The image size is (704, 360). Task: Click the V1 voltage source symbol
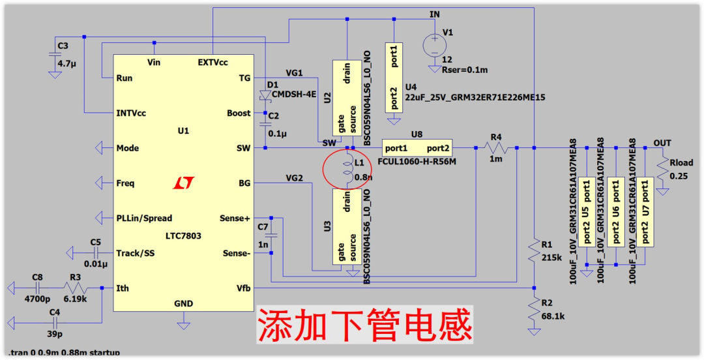coord(433,45)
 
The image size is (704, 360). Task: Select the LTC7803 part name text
coord(183,235)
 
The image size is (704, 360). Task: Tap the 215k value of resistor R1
coord(551,257)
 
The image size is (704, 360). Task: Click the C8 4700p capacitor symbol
coord(37,288)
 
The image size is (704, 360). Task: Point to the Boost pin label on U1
coord(239,113)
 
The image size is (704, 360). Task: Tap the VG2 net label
coord(294,177)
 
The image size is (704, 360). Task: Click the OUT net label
coord(662,143)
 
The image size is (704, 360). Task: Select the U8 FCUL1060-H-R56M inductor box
coord(416,148)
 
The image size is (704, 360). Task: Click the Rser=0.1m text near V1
coord(465,70)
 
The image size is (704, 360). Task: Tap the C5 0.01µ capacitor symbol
coord(96,252)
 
